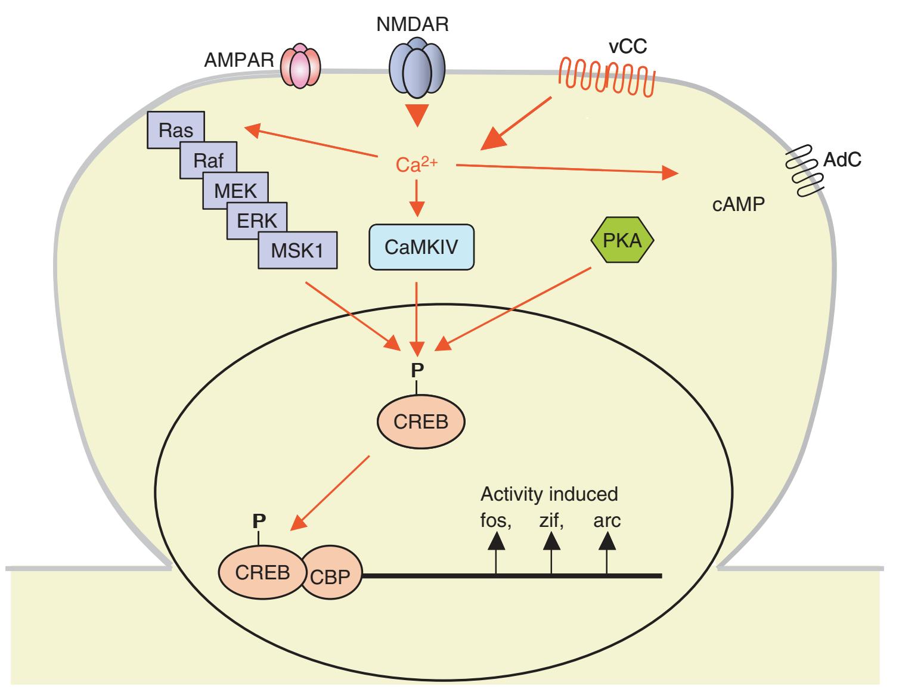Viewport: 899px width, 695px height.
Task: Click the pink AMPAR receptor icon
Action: (x=300, y=67)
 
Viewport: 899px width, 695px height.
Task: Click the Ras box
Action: (x=176, y=131)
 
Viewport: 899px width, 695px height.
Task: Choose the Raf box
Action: (x=208, y=161)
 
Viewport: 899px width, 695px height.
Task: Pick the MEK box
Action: (x=235, y=191)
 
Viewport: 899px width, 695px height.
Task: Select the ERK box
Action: (x=257, y=220)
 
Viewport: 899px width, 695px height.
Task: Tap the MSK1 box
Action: (x=297, y=250)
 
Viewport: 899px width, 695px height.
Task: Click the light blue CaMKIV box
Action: (x=421, y=247)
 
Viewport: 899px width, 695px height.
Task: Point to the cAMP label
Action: (x=739, y=205)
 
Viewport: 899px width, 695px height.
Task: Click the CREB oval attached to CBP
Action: (x=262, y=573)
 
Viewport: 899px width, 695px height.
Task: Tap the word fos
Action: (x=496, y=521)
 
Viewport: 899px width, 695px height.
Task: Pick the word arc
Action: (x=607, y=521)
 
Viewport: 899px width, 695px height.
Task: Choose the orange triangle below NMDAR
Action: (x=417, y=116)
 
